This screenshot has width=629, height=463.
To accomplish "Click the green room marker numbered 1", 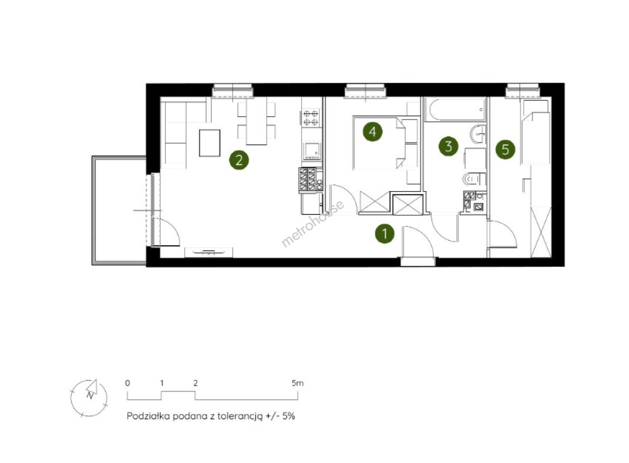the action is (x=385, y=234).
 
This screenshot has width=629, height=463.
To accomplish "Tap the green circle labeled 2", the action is (x=239, y=160).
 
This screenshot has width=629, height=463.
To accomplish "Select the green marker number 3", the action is (x=449, y=146).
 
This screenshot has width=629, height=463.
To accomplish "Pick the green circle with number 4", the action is (x=373, y=132).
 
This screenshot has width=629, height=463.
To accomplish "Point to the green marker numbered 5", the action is (x=505, y=149).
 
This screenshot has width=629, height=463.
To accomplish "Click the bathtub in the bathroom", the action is (x=455, y=110).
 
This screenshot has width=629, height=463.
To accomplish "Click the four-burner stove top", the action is (x=311, y=118).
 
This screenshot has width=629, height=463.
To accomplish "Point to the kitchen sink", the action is (x=312, y=151).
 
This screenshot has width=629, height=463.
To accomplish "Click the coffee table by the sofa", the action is (x=210, y=143).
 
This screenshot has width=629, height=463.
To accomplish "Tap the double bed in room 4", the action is (x=379, y=143).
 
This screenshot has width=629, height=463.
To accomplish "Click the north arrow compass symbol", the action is (x=89, y=398).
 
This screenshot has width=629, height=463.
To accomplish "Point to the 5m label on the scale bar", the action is (x=297, y=383).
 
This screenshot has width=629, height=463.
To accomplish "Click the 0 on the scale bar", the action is (x=128, y=383).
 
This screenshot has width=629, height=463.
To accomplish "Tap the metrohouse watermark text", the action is (x=312, y=223).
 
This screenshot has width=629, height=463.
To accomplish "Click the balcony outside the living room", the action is (x=119, y=211).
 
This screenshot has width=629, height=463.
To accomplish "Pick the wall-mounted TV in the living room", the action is (x=208, y=252).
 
